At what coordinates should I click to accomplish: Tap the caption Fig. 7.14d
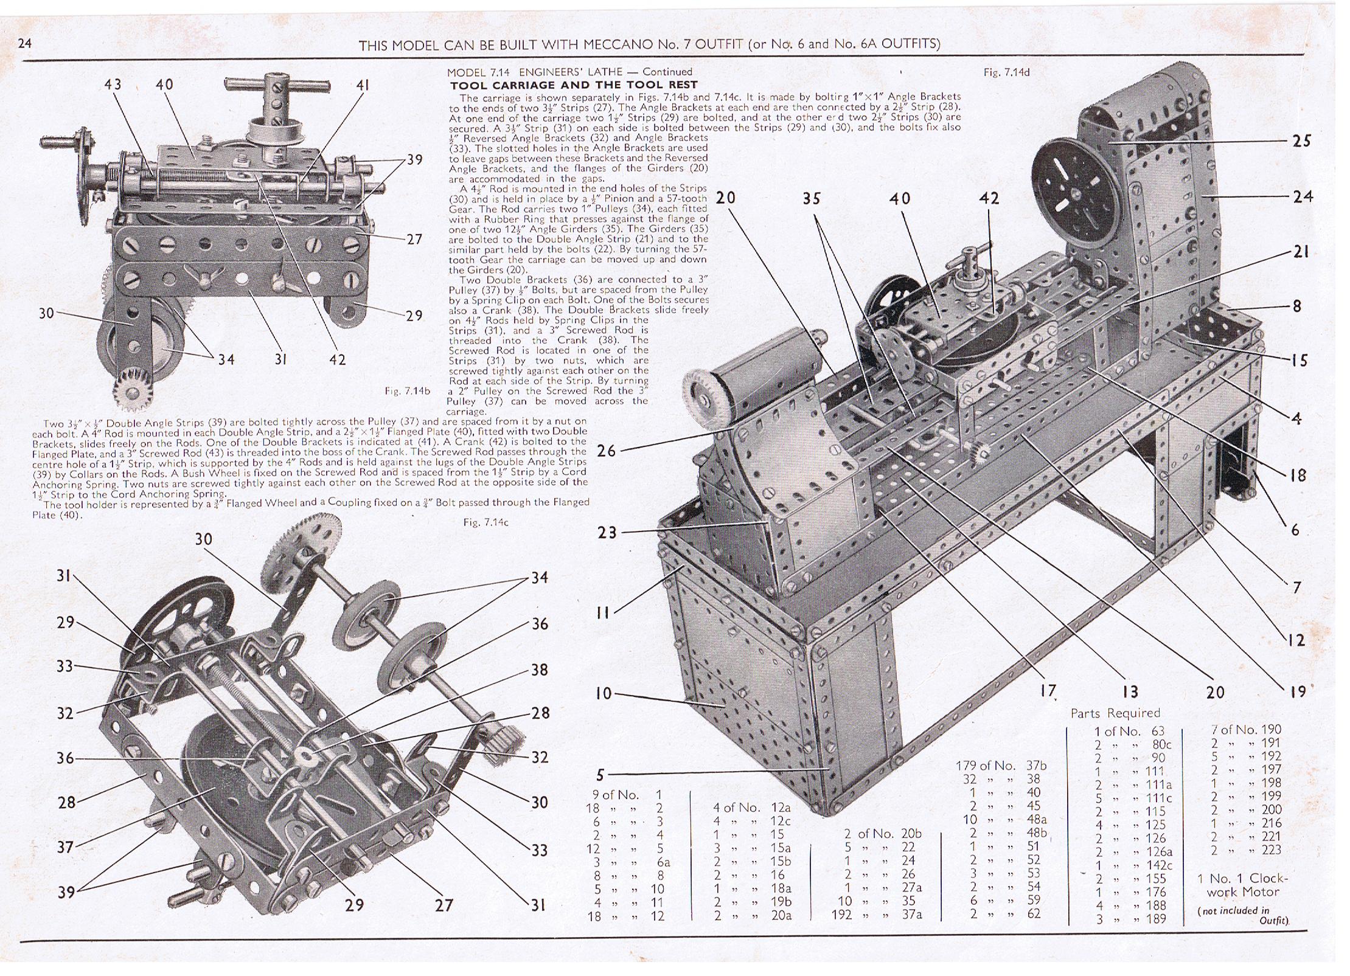(x=1006, y=72)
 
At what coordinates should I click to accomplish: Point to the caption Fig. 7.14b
(x=407, y=391)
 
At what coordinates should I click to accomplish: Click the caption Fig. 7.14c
(x=485, y=522)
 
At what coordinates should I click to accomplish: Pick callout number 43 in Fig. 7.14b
(x=113, y=85)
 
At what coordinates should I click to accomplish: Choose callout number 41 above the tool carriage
(x=363, y=86)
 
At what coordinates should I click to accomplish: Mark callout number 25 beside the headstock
(x=1301, y=141)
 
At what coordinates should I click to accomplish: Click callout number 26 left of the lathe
(x=606, y=451)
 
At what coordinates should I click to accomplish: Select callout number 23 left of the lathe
(x=607, y=533)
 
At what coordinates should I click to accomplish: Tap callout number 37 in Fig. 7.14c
(x=66, y=846)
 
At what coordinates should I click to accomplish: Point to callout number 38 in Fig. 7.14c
(x=539, y=670)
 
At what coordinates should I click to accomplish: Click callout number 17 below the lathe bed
(x=1048, y=691)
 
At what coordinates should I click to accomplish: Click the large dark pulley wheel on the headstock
(x=1073, y=196)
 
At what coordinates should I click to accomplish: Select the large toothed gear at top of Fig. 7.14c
(x=302, y=550)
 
